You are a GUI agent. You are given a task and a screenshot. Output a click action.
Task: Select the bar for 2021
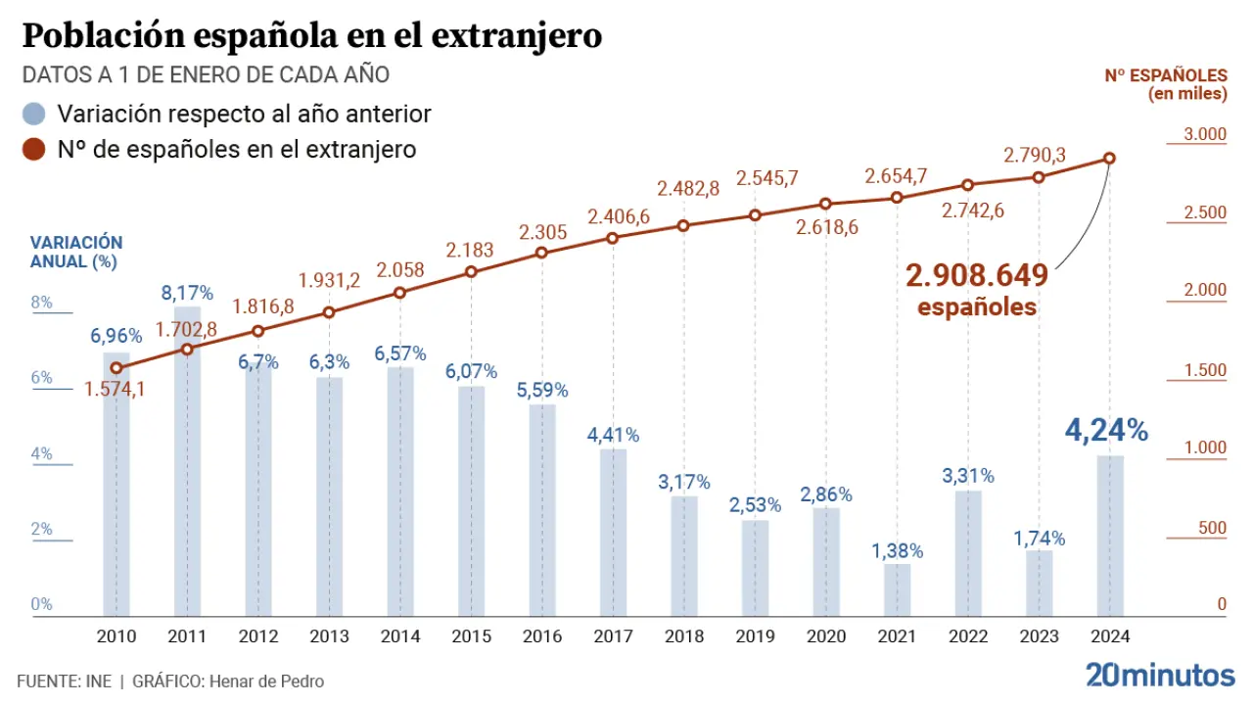tap(897, 590)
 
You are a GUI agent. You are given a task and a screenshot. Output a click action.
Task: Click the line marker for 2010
tap(116, 368)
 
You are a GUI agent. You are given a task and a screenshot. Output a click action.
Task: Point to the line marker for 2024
tap(1109, 159)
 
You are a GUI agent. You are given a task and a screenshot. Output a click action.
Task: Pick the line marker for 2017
tap(613, 238)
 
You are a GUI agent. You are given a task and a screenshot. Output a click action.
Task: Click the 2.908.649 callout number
tap(976, 275)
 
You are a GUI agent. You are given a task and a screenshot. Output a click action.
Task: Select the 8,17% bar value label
tap(187, 292)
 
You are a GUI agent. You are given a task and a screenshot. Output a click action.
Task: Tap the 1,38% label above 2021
tap(897, 550)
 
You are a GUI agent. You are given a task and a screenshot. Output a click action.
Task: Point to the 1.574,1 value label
tap(116, 390)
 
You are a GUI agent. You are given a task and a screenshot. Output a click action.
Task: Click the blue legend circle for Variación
tap(34, 114)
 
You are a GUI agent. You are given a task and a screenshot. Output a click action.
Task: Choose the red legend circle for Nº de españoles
tap(34, 150)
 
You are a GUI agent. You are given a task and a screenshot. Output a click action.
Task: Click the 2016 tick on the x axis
tap(541, 636)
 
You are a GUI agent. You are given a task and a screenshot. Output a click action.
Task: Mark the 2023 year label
tap(1039, 636)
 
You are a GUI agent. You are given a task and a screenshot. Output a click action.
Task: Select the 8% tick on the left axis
tap(41, 303)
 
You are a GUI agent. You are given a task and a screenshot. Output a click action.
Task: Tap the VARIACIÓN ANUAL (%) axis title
tap(76, 252)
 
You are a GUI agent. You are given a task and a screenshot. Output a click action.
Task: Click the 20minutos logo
tap(1160, 675)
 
